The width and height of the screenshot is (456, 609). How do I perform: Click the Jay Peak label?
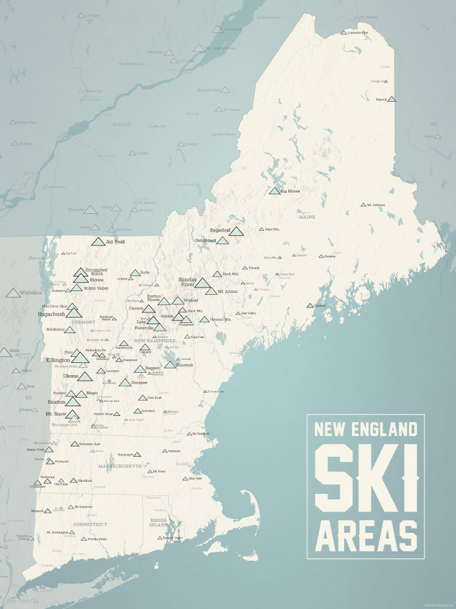coord(114,242)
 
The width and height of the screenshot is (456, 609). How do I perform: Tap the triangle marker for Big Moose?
coord(274,191)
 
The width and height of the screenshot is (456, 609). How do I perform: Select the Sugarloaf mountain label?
coord(220,230)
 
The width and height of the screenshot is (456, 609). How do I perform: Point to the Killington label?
coord(58,360)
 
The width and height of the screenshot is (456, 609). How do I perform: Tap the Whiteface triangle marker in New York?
coord(13,294)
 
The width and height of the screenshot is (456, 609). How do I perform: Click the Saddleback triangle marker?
coord(223,241)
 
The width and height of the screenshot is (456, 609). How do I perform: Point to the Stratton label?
coord(56,402)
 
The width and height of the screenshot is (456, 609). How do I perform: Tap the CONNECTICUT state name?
coord(90,524)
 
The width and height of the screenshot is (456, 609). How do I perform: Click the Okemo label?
coord(72,376)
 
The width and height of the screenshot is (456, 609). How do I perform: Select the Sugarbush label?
coord(51,314)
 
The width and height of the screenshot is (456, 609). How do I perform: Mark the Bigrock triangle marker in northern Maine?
coord(392,99)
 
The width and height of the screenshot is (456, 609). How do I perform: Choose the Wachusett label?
coord(125,454)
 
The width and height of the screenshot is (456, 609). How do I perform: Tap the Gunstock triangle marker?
coord(170,365)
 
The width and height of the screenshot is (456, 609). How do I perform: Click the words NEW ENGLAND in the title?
coord(365,430)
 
